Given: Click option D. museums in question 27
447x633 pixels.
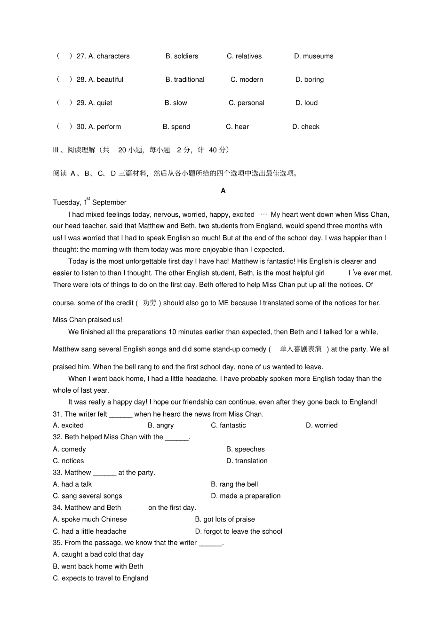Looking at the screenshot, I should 313,56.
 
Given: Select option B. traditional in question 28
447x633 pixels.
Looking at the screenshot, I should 185,80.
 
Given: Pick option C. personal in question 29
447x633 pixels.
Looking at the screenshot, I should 247,103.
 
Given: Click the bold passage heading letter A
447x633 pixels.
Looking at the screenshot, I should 223,191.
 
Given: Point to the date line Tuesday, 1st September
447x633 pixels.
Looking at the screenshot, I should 89,202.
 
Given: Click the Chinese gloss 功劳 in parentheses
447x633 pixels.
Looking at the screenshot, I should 150,303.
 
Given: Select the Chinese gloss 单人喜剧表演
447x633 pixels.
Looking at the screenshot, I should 301,349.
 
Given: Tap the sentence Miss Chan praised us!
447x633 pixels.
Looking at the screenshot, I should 88,320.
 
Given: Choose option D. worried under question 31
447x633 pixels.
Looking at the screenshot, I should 321,426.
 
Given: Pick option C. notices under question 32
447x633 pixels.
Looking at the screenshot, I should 68,461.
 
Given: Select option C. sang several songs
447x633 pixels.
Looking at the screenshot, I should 88,496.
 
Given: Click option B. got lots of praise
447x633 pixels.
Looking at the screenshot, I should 225,520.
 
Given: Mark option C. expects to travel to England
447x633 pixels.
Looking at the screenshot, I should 101,578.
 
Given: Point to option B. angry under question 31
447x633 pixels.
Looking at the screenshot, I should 160,426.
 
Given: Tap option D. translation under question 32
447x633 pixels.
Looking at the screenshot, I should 247,461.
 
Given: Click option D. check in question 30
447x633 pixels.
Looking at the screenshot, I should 305,127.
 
